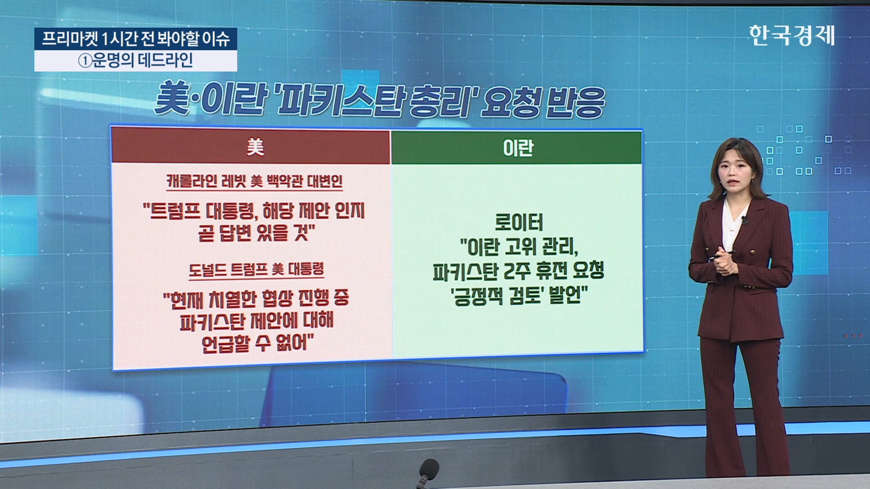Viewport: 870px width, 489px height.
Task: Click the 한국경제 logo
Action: tap(792, 35)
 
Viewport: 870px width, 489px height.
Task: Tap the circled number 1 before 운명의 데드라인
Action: tap(85, 61)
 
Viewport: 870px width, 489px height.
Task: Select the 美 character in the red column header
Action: tap(255, 147)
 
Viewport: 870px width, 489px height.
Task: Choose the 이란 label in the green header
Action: tap(518, 148)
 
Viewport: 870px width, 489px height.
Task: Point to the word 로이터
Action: tap(519, 222)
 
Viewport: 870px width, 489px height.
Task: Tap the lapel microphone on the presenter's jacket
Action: tap(744, 220)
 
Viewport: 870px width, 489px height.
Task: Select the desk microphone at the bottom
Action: tap(428, 473)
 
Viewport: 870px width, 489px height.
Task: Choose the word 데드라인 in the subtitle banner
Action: tap(165, 60)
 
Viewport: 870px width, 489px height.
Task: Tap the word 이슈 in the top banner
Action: tap(216, 39)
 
